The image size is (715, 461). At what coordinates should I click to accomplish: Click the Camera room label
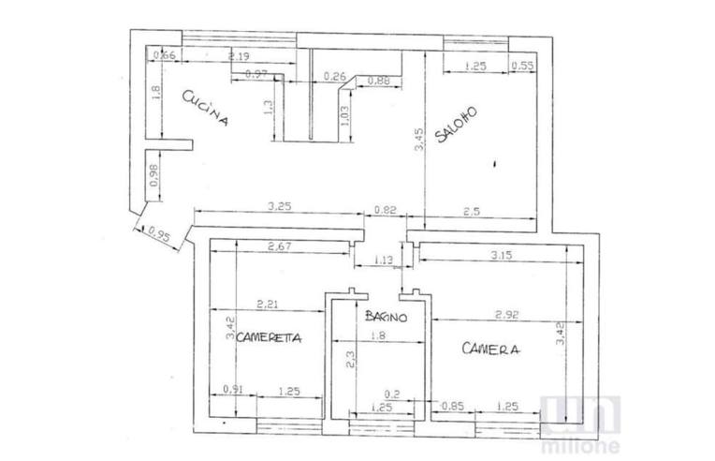pyautogui.click(x=490, y=349)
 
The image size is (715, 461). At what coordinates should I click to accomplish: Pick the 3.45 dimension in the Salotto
pyautogui.click(x=420, y=141)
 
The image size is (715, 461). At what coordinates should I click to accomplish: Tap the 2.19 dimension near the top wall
pyautogui.click(x=238, y=58)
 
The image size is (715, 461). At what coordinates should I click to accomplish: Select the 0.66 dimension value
pyautogui.click(x=165, y=56)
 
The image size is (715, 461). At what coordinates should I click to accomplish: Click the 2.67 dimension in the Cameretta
pyautogui.click(x=280, y=247)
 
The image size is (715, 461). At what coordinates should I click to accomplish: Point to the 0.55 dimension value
pyautogui.click(x=522, y=66)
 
